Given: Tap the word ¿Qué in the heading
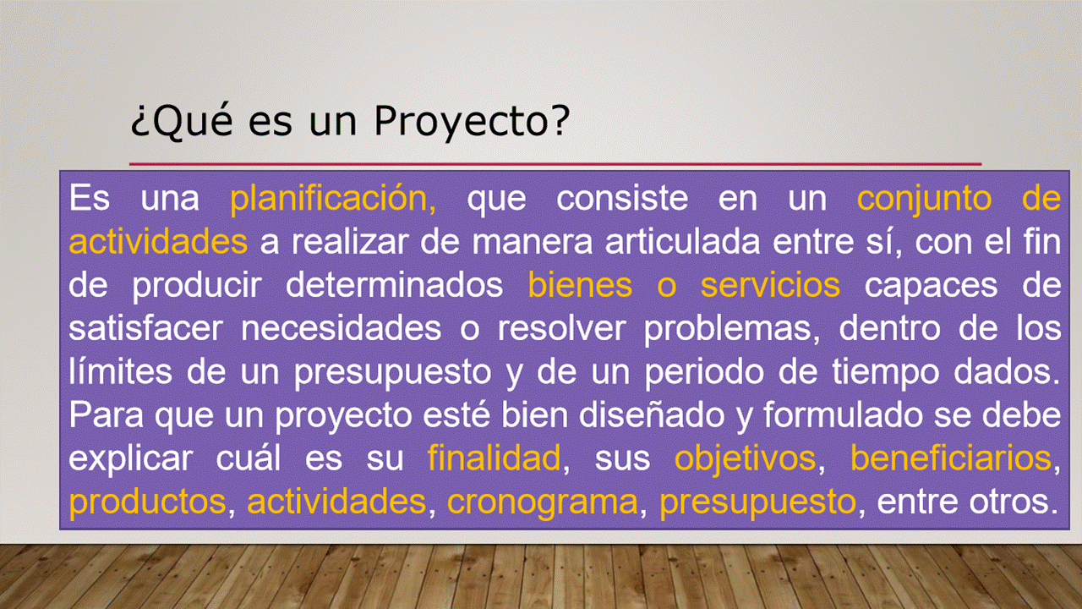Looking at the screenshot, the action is (x=182, y=121).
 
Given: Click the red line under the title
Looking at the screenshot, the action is (x=555, y=164).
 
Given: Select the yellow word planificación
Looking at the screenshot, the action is (x=333, y=199).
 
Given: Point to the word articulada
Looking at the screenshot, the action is (x=682, y=242).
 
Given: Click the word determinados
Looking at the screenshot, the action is (x=394, y=285).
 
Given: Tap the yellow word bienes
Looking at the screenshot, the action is (x=580, y=285).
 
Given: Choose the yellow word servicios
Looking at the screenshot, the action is (x=770, y=285).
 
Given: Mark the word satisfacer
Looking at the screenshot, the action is (x=145, y=329).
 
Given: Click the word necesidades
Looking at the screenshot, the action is (x=341, y=329).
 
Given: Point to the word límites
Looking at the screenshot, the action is (x=120, y=371).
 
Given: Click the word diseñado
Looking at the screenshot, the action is (x=652, y=415).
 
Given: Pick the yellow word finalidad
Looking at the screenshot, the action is (x=495, y=458).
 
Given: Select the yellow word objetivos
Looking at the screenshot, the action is (x=745, y=459).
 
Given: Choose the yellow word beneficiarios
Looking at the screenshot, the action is (x=951, y=458).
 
